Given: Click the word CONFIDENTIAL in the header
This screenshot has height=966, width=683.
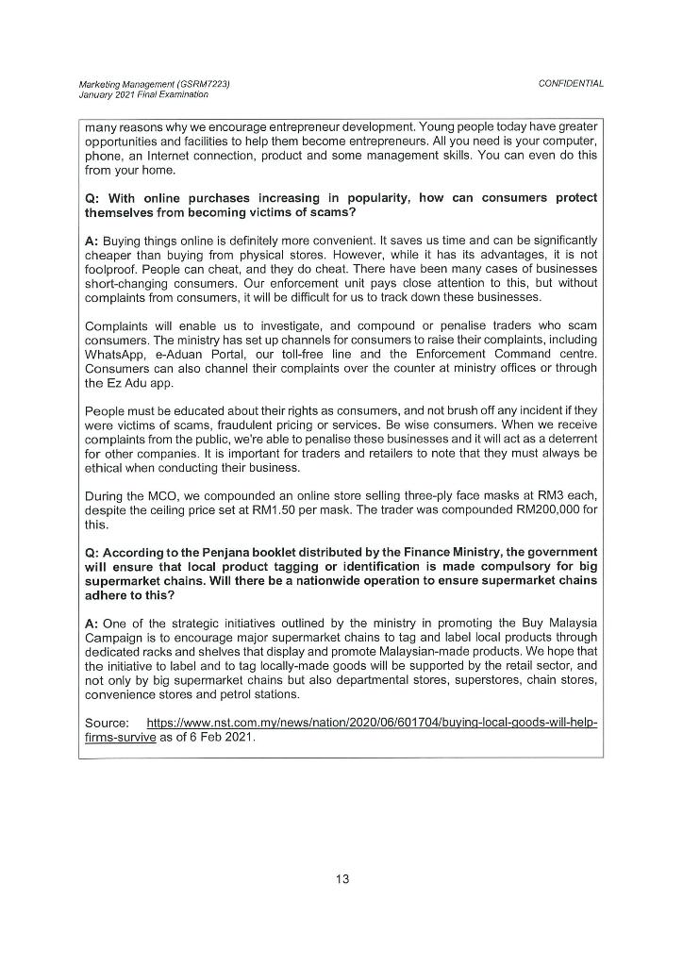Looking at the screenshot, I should (571, 84).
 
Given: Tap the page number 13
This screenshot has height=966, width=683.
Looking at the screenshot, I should (341, 879).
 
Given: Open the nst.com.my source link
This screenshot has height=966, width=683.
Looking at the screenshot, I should (373, 723).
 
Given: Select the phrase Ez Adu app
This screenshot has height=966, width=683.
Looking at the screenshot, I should (141, 382).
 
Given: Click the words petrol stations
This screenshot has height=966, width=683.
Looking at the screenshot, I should (263, 696).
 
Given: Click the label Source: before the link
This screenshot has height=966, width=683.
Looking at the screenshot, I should (107, 723).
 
